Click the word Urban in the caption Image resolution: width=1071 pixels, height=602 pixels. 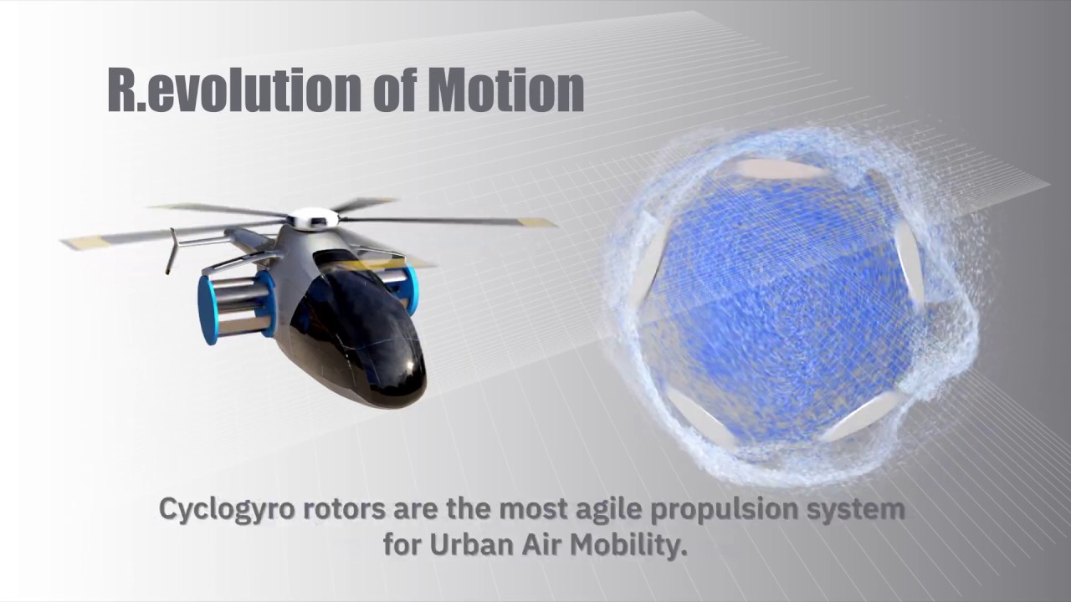[x=465, y=545]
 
